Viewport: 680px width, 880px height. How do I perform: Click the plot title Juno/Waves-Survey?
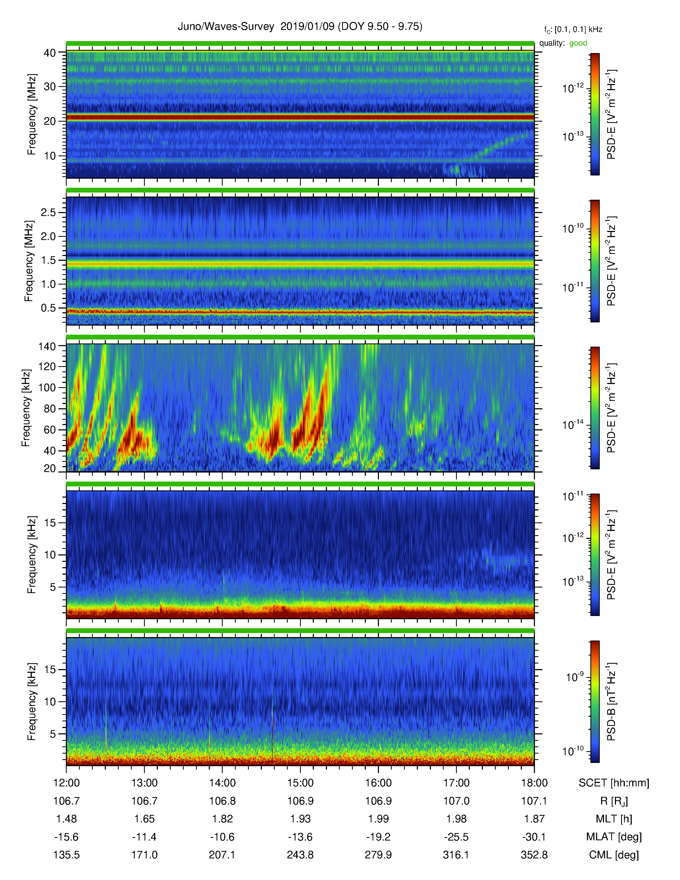click(226, 27)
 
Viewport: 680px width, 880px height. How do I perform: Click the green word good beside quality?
click(578, 43)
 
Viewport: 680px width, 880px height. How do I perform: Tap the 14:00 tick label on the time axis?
click(222, 783)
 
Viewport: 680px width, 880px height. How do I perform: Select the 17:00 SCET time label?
click(457, 783)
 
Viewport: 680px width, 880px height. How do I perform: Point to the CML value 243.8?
click(300, 855)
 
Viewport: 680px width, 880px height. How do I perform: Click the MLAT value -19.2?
click(378, 837)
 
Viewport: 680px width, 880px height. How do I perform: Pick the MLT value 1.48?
click(66, 819)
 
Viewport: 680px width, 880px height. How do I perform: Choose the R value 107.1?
click(534, 801)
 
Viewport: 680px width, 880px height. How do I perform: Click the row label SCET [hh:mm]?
click(614, 783)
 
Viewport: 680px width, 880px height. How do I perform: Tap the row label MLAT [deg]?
click(614, 837)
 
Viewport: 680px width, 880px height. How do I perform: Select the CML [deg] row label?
click(614, 855)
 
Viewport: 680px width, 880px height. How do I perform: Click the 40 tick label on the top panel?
click(50, 53)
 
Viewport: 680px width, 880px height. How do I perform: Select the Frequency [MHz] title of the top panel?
click(31, 114)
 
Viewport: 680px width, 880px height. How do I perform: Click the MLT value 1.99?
click(378, 819)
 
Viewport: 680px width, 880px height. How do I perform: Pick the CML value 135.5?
click(66, 855)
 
